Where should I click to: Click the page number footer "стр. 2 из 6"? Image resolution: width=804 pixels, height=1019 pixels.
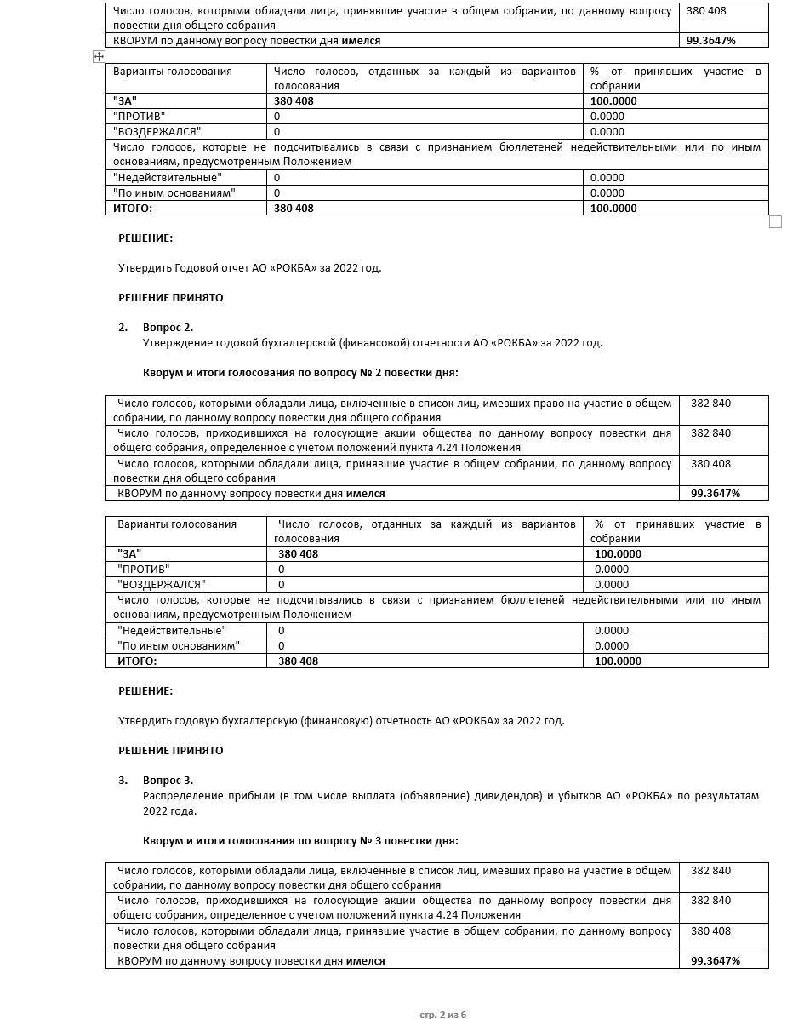click(x=443, y=1014)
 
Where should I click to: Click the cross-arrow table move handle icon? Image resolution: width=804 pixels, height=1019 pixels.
click(x=99, y=56)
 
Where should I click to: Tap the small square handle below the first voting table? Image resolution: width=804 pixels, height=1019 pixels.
click(x=775, y=221)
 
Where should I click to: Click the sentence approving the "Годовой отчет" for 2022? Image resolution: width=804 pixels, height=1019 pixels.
click(x=249, y=267)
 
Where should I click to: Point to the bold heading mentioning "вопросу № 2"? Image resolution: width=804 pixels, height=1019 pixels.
click(x=300, y=373)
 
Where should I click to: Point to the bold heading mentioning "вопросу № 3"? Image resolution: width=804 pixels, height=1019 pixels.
click(x=300, y=841)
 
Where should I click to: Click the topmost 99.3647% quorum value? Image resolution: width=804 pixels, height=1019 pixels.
click(x=712, y=41)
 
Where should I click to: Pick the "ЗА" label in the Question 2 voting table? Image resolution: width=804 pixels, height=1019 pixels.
click(x=129, y=554)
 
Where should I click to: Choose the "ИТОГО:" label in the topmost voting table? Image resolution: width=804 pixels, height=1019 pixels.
click(x=133, y=209)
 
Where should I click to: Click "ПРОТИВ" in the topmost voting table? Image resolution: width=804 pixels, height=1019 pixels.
click(x=139, y=117)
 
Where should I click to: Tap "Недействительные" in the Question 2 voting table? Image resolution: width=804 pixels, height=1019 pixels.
click(x=172, y=631)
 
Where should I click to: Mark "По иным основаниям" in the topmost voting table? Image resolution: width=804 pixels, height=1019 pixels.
click(x=174, y=193)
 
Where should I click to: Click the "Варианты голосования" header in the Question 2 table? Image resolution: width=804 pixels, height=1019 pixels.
click(x=177, y=524)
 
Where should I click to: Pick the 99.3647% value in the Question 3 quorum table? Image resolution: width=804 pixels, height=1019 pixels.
click(x=716, y=961)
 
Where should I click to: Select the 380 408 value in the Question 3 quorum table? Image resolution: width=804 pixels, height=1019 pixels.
click(x=710, y=931)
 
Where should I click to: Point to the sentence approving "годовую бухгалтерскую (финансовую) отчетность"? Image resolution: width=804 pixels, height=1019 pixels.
click(x=340, y=721)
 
